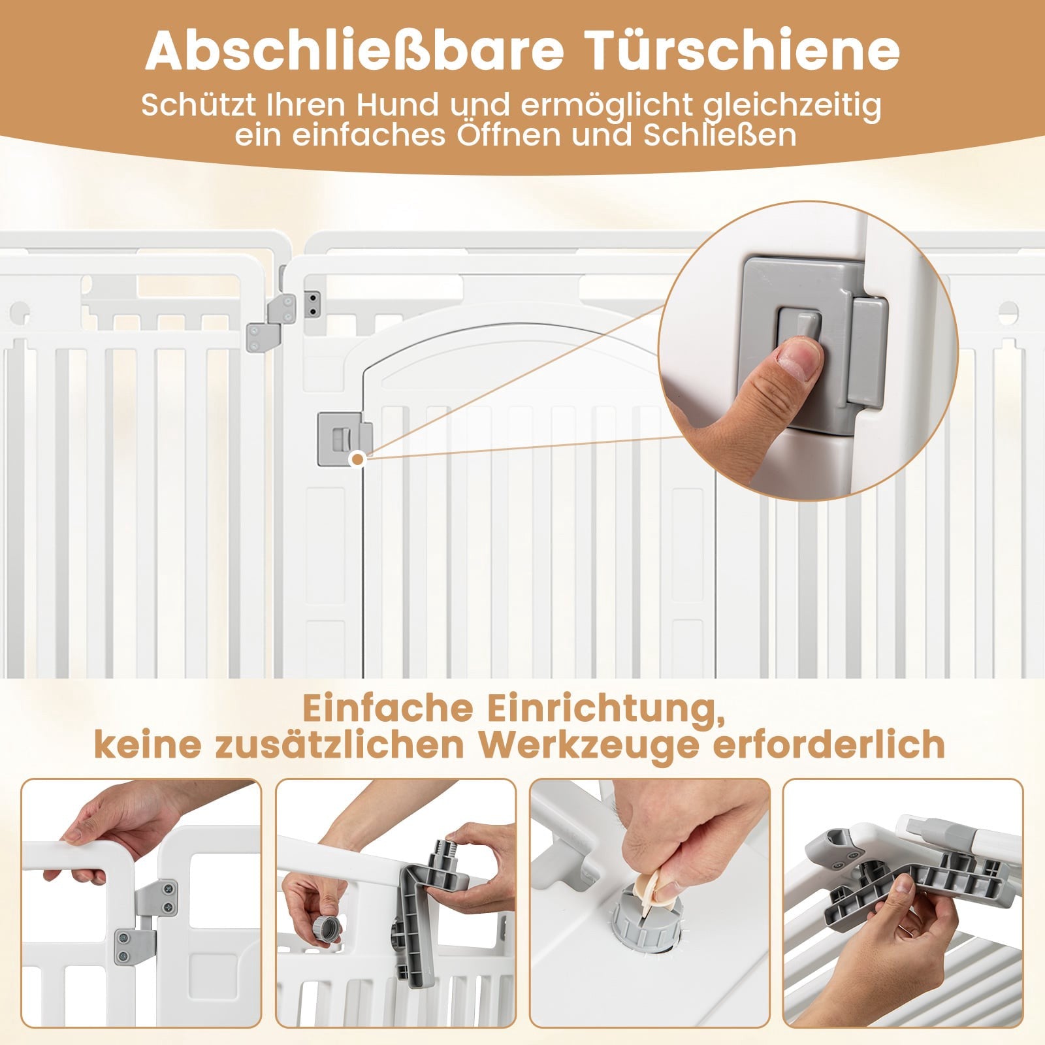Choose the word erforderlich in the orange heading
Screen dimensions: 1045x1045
(829, 745)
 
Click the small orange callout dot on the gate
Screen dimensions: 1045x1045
(357, 460)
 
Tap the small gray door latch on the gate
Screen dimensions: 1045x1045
(344, 439)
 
